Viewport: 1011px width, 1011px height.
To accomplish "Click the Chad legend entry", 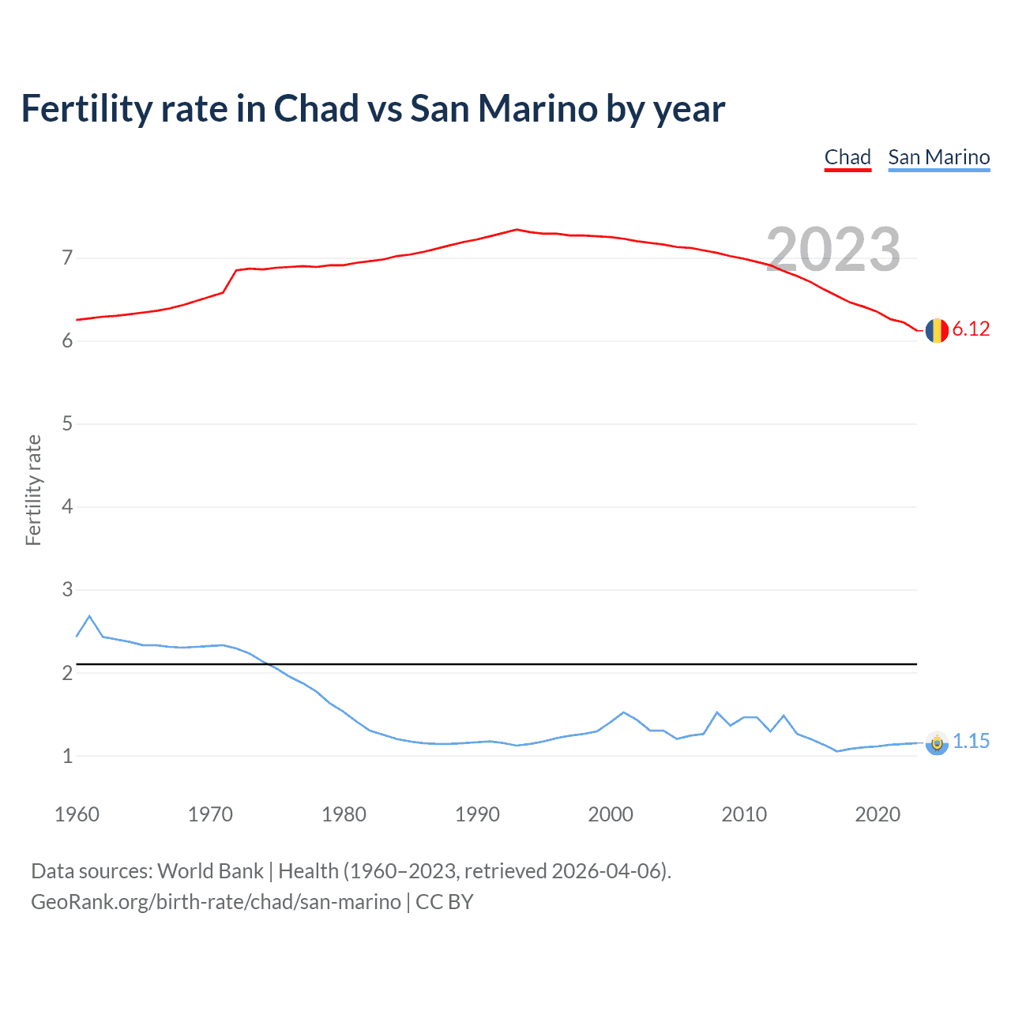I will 848,157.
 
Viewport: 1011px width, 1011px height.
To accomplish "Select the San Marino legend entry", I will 938,157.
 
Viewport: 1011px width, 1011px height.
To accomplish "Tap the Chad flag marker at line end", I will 937,330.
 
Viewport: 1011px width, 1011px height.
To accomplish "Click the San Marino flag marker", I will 937,742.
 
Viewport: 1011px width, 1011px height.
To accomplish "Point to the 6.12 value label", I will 971,329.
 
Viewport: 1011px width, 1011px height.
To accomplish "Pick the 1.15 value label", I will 971,741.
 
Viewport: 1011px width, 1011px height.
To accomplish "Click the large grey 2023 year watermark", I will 833,250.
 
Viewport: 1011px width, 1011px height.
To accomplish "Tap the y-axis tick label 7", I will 67,257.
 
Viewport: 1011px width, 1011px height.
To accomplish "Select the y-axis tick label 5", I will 67,423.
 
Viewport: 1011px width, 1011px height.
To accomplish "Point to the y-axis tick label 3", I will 67,589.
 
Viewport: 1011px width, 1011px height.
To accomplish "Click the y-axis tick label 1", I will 67,756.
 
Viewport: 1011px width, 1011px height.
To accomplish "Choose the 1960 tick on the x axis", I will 77,814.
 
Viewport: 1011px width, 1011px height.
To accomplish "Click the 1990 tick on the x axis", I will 477,814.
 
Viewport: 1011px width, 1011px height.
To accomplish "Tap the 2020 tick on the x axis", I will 878,814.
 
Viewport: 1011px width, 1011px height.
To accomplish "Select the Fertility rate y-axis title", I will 33,490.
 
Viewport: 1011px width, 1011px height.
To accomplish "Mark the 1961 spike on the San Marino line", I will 89,616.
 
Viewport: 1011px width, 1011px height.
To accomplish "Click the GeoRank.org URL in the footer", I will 216,902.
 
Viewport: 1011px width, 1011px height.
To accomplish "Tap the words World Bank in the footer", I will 210,871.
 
